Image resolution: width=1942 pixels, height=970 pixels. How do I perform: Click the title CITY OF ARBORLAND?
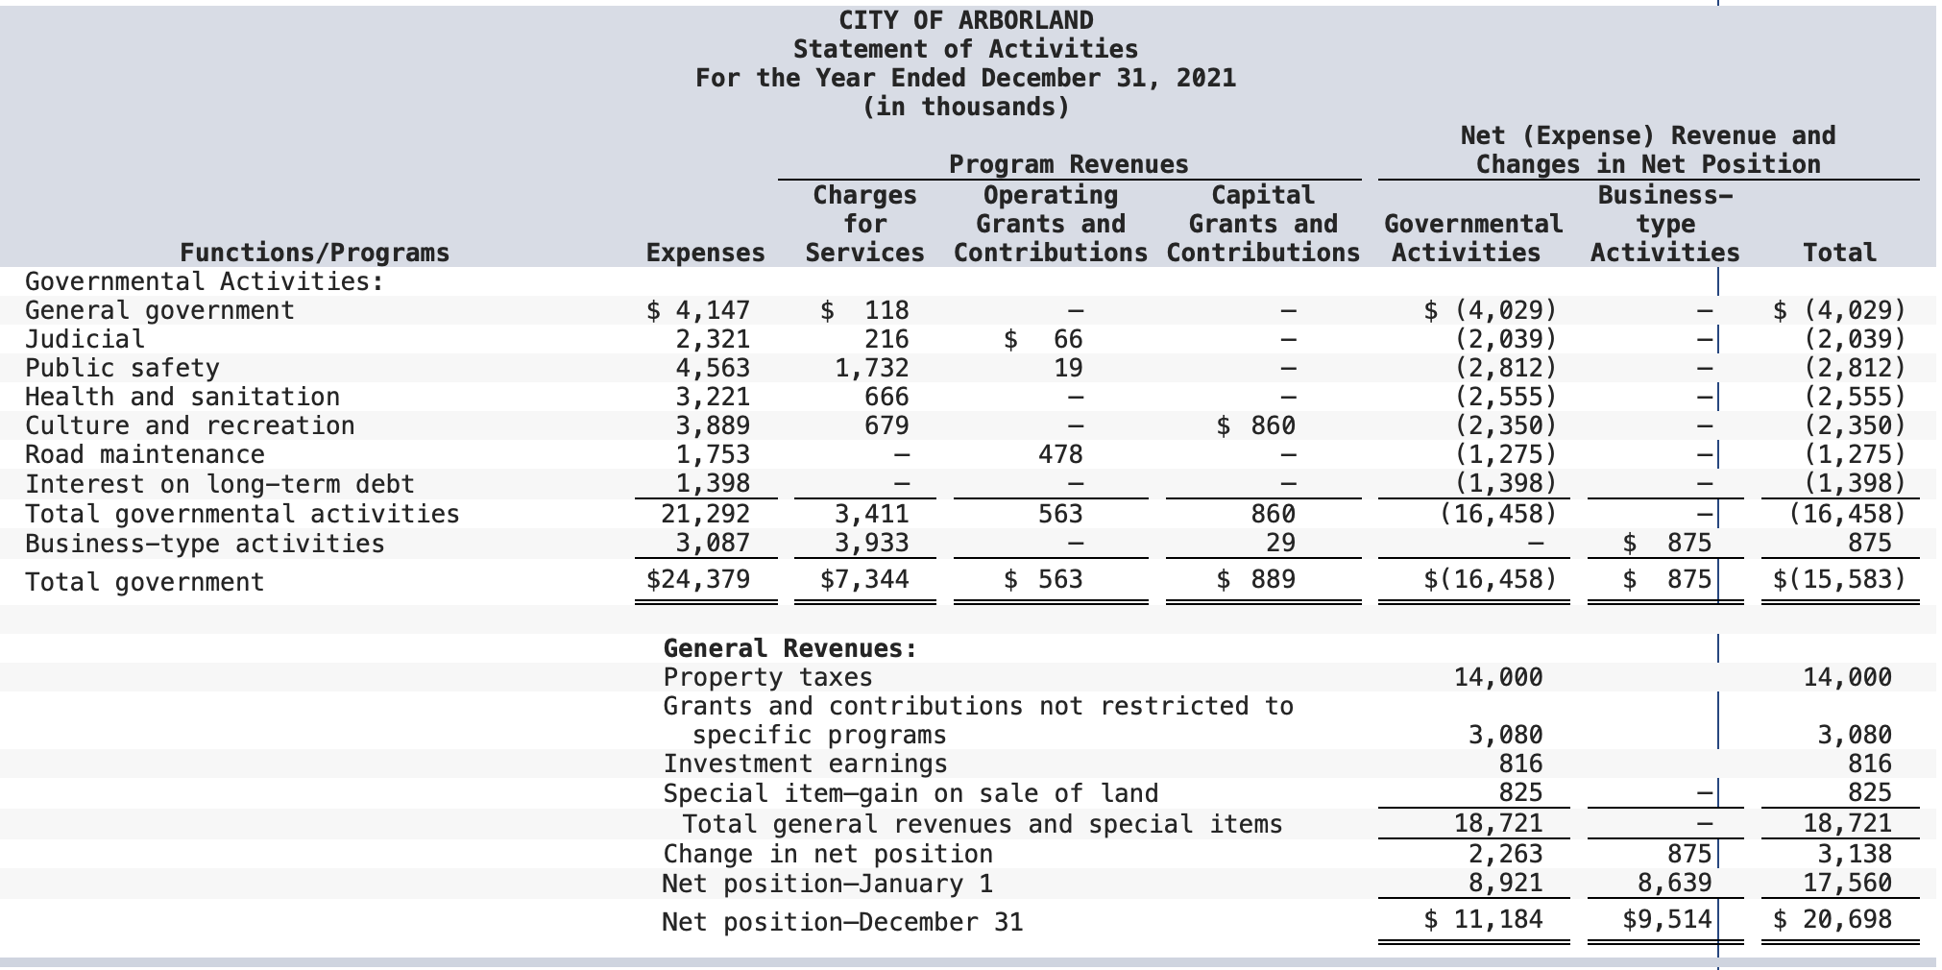(966, 20)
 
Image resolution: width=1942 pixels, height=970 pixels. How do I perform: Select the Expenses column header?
(706, 253)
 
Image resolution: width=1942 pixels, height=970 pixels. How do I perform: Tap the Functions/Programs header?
(315, 253)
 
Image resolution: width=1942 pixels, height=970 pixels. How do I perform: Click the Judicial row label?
(85, 339)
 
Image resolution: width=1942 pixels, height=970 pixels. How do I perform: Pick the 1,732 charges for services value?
(871, 368)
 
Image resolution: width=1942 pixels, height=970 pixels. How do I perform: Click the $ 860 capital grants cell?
(1256, 425)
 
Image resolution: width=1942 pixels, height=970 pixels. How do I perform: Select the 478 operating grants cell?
(1060, 454)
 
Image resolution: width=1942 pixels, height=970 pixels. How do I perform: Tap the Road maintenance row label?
(145, 454)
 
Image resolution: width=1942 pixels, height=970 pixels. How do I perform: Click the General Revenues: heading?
(790, 648)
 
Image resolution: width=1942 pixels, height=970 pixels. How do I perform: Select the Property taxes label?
(768, 677)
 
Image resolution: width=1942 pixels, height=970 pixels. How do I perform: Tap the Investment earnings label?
(805, 764)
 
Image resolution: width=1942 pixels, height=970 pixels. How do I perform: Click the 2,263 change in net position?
(1505, 854)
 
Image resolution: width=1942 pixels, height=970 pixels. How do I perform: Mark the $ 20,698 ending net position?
(1833, 919)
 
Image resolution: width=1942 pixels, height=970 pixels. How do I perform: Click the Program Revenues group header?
(1069, 164)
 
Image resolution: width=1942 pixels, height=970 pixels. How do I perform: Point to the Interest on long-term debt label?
(220, 484)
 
